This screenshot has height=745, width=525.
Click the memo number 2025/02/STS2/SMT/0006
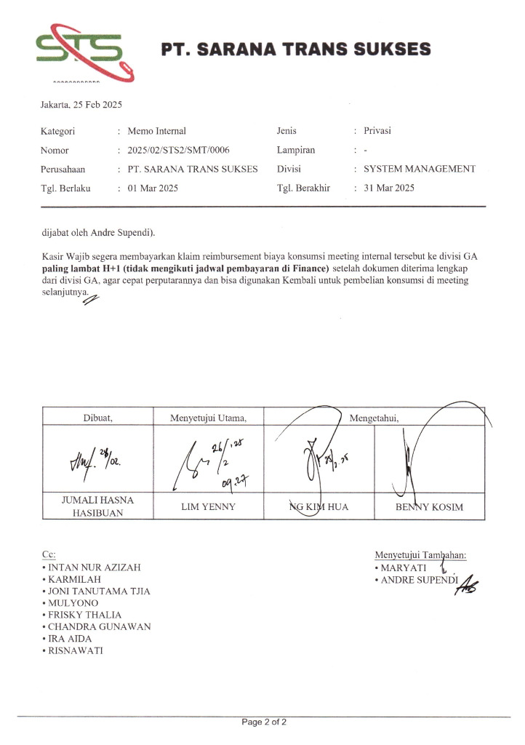[x=178, y=151]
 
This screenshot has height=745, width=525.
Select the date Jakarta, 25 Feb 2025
[x=81, y=105]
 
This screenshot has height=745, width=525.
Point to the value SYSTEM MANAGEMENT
[x=420, y=170]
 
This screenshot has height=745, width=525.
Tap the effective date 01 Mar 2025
[x=153, y=188]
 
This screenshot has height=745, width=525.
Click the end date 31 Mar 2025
[x=388, y=188]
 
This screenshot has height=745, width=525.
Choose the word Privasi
[x=377, y=132]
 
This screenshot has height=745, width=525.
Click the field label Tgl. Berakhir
[x=303, y=188]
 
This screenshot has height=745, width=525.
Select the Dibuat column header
[x=100, y=417]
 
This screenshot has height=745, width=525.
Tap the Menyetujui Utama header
[x=209, y=417]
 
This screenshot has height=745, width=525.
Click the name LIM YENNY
[x=209, y=507]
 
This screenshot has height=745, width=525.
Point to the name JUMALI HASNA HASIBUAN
[x=100, y=506]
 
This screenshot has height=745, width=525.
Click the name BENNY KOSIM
[x=429, y=507]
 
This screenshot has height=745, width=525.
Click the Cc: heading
[x=49, y=554]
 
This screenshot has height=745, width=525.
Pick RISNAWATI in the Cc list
[x=76, y=651]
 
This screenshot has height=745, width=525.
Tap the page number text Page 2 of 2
[x=264, y=722]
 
